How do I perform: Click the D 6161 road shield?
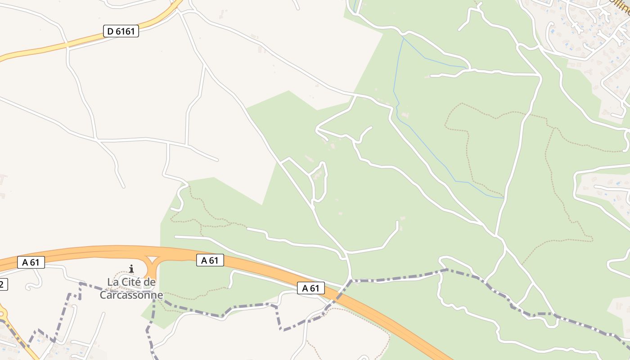pyautogui.click(x=121, y=31)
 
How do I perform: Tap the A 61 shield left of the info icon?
pyautogui.click(x=31, y=262)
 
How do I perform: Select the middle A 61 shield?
pyautogui.click(x=210, y=260)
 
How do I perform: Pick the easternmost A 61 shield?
pyautogui.click(x=310, y=288)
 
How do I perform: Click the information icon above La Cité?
pyautogui.click(x=131, y=269)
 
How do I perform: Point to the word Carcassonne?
pyautogui.click(x=131, y=296)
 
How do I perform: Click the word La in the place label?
pyautogui.click(x=112, y=283)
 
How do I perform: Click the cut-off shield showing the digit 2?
pyautogui.click(x=3, y=284)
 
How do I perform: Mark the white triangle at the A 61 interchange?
pyautogui.click(x=153, y=260)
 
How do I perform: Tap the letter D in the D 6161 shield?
pyautogui.click(x=110, y=31)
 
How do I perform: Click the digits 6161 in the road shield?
pyautogui.click(x=125, y=31)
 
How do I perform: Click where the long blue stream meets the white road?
pyautogui.click(x=503, y=198)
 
